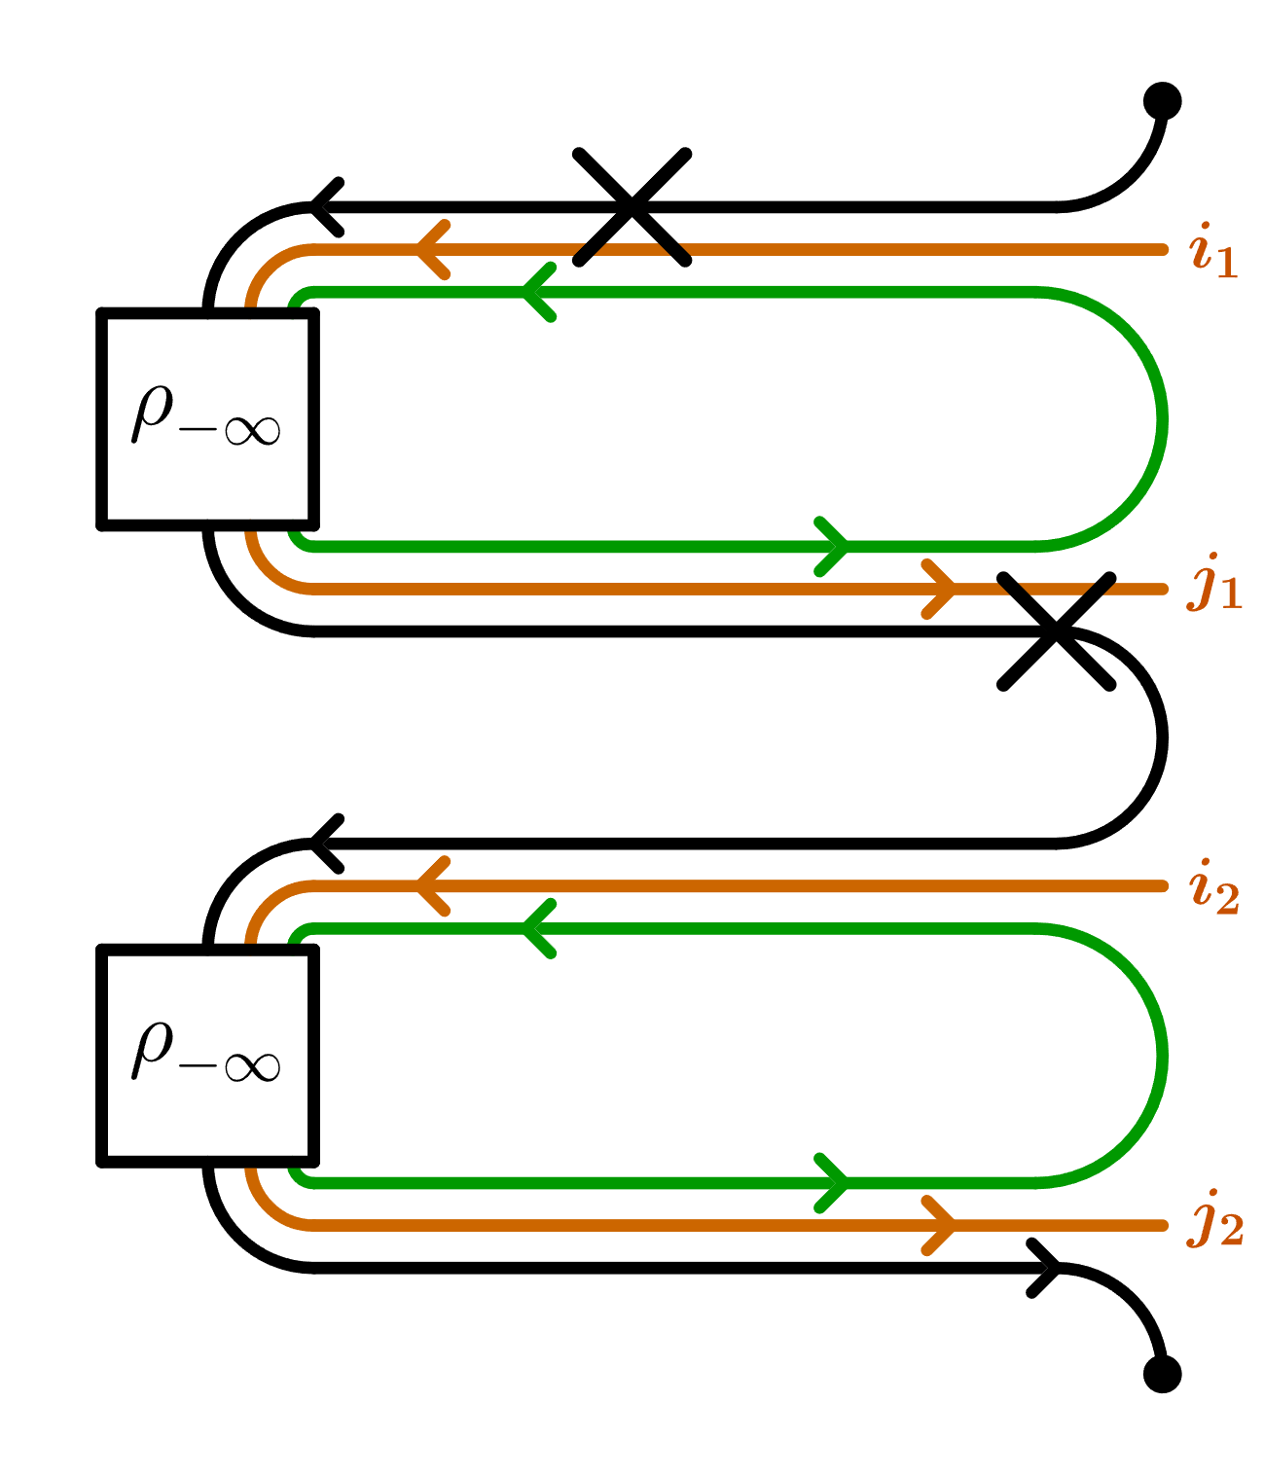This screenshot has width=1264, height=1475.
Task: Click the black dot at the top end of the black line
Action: (x=1162, y=100)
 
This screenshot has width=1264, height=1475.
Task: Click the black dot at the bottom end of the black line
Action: (x=1162, y=1373)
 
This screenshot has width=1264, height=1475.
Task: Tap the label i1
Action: (x=1212, y=251)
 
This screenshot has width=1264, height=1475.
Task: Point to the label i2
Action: (x=1213, y=886)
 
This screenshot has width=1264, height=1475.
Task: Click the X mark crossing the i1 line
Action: (x=632, y=206)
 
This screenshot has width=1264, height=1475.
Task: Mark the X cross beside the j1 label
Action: (x=1056, y=630)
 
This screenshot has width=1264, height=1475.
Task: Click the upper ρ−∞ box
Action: (x=207, y=418)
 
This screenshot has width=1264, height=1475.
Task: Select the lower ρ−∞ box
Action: (x=207, y=1055)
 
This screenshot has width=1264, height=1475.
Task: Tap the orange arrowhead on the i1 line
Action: (x=430, y=250)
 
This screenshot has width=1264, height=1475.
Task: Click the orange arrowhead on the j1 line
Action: (x=940, y=589)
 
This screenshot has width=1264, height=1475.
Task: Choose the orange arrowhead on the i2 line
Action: (x=430, y=885)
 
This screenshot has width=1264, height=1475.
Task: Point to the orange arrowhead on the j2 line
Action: (x=940, y=1225)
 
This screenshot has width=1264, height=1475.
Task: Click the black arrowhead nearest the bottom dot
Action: (x=1046, y=1267)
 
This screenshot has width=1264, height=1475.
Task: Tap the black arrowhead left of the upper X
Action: (x=324, y=206)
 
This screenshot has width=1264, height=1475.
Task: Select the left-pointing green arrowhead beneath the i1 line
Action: (x=537, y=292)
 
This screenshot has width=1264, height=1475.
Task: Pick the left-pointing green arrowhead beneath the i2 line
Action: (x=537, y=928)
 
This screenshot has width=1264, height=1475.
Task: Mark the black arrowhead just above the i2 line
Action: (x=324, y=843)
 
